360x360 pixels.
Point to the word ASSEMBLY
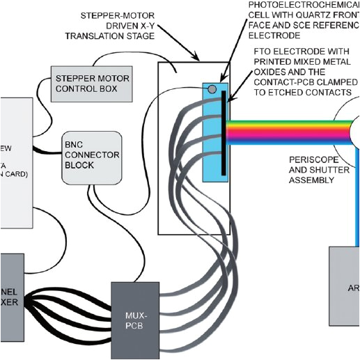(x=312, y=180)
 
